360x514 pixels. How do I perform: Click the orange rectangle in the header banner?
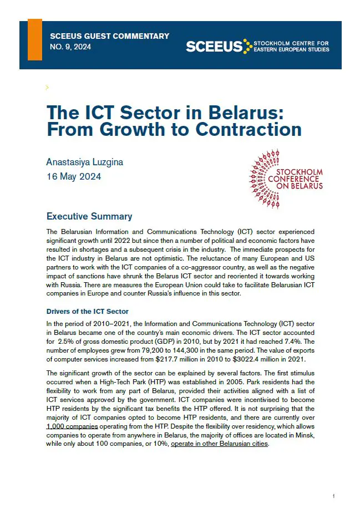click(35, 39)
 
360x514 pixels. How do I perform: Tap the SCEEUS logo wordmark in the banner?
click(215, 47)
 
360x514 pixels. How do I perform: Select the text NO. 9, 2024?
click(70, 47)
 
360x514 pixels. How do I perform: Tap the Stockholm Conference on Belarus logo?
click(286, 179)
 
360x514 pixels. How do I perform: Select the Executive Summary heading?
click(89, 216)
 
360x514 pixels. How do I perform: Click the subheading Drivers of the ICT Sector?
click(88, 312)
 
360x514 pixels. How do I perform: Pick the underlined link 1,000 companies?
click(72, 426)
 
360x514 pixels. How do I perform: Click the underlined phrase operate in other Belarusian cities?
click(219, 444)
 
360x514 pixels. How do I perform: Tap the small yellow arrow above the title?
click(47, 87)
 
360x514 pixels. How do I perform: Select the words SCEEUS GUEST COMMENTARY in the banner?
click(109, 36)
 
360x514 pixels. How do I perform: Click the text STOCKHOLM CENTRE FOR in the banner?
click(291, 43)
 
